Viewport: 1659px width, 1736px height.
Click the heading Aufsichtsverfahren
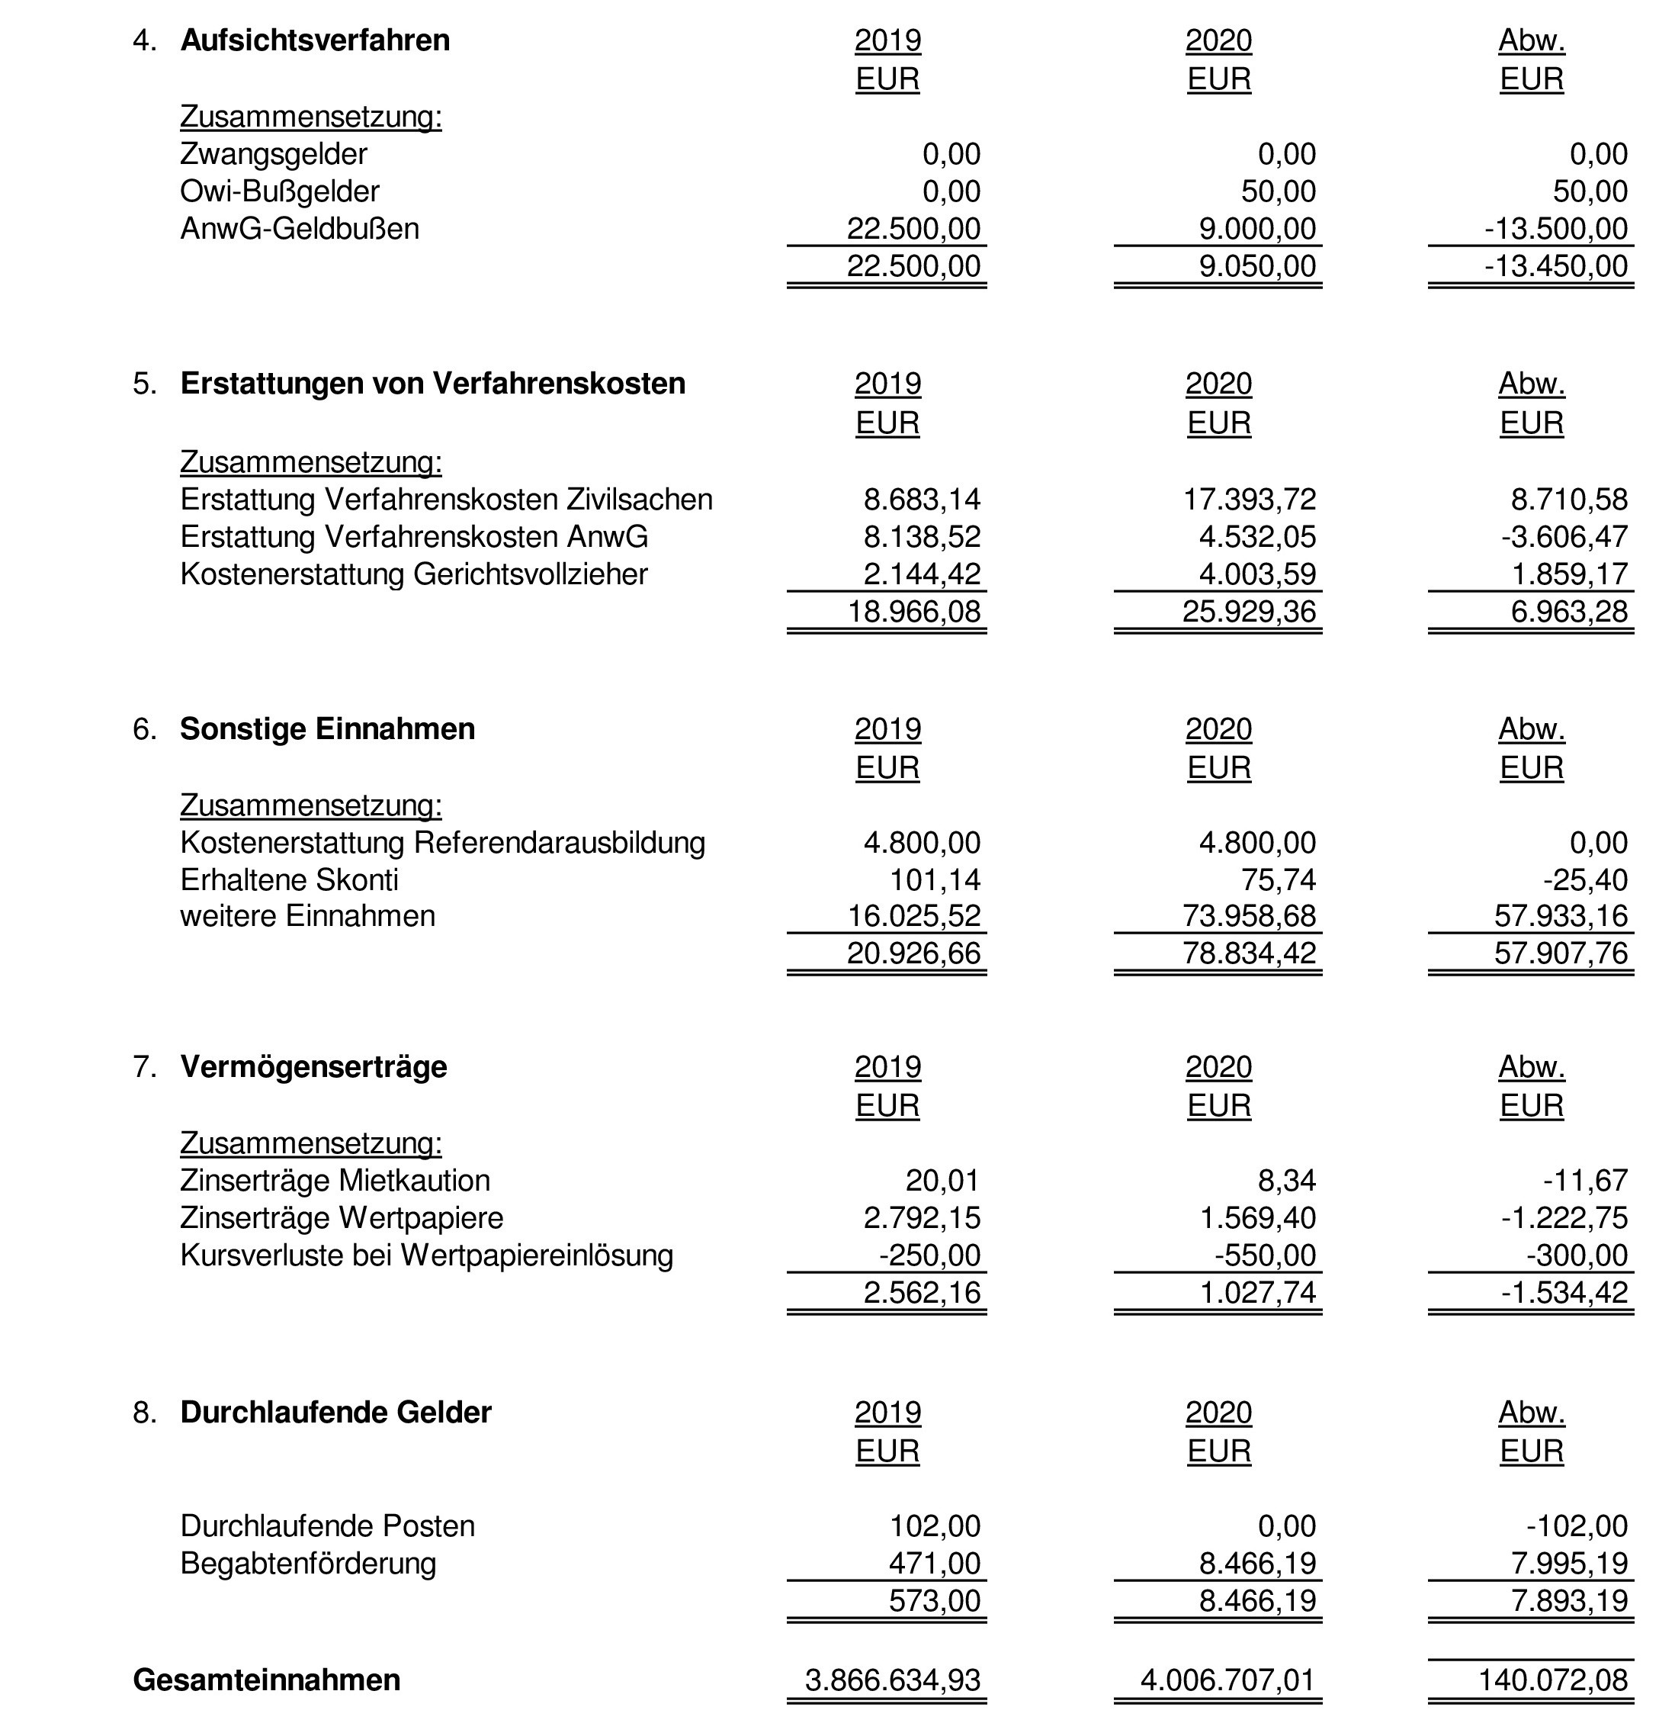[x=315, y=40]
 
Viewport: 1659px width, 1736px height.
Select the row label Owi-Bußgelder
[x=280, y=191]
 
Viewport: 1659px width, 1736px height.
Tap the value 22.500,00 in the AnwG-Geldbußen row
[x=913, y=228]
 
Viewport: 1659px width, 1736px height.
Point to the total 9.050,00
[x=1256, y=265]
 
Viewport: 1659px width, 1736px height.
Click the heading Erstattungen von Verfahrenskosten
[x=432, y=383]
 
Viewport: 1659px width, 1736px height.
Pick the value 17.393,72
[x=1250, y=499]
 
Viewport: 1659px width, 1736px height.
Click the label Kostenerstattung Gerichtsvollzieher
[x=414, y=574]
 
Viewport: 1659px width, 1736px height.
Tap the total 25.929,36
[x=1249, y=612]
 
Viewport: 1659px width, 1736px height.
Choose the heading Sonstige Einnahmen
[x=327, y=728]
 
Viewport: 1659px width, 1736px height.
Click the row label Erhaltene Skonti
[x=289, y=879]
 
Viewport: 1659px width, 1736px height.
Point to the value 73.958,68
[x=1249, y=916]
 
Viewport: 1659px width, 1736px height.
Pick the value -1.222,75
[x=1564, y=1217]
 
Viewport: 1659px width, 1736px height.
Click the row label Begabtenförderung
[x=308, y=1564]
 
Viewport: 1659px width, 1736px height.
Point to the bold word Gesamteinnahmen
[x=266, y=1680]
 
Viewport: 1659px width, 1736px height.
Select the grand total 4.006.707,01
[x=1227, y=1680]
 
